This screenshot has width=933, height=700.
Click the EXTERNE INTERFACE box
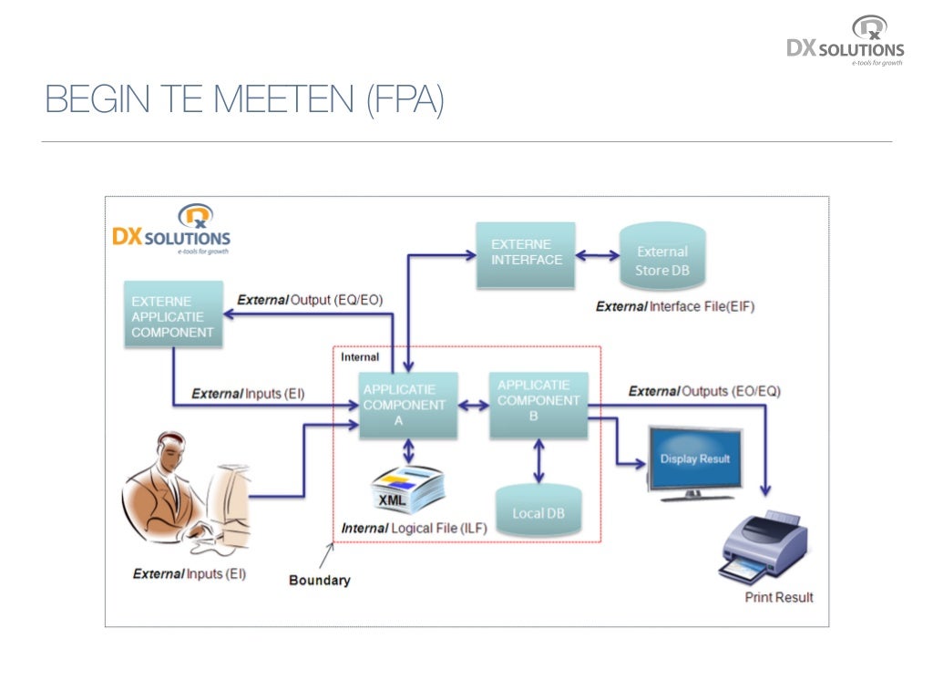[x=526, y=255]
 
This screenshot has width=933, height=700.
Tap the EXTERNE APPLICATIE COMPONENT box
[x=173, y=314]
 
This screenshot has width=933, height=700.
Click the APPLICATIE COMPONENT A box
[x=408, y=406]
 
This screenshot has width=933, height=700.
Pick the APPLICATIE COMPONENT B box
[x=538, y=406]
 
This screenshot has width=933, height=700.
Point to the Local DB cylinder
[x=538, y=510]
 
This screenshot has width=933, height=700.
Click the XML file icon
[x=408, y=489]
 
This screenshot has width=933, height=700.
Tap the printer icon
[x=764, y=548]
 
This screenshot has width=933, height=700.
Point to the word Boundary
[x=320, y=581]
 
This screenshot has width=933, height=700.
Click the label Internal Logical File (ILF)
[x=415, y=528]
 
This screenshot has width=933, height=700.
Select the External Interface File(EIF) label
[x=675, y=306]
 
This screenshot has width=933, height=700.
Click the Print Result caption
[x=779, y=597]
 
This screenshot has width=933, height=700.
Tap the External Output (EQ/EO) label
[x=310, y=299]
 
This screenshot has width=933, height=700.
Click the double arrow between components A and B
[x=474, y=406]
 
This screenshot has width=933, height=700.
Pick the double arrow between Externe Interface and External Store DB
[x=598, y=256]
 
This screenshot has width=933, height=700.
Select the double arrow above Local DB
[x=538, y=461]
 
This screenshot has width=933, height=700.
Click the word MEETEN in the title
[x=283, y=98]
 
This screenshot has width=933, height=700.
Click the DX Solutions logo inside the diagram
[x=171, y=230]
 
